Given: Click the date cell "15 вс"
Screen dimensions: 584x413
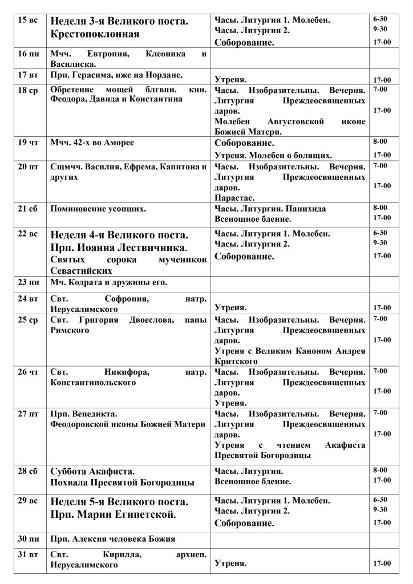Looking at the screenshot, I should click(x=28, y=21).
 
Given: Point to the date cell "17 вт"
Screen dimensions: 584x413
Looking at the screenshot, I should click(x=28, y=75).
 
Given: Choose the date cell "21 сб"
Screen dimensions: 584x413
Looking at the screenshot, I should click(x=28, y=209).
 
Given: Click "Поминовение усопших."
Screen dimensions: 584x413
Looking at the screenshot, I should click(x=98, y=209).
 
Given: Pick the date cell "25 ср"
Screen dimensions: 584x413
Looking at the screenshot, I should click(x=28, y=320).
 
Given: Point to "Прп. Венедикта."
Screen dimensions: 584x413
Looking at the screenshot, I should click(x=83, y=413).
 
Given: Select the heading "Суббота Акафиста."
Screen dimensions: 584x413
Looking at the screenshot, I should click(x=92, y=471).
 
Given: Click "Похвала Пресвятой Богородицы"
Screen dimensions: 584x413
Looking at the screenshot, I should click(x=122, y=482).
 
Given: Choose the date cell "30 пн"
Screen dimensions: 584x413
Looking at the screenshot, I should click(x=28, y=539).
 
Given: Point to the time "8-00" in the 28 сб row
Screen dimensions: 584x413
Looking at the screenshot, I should click(x=380, y=470).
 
